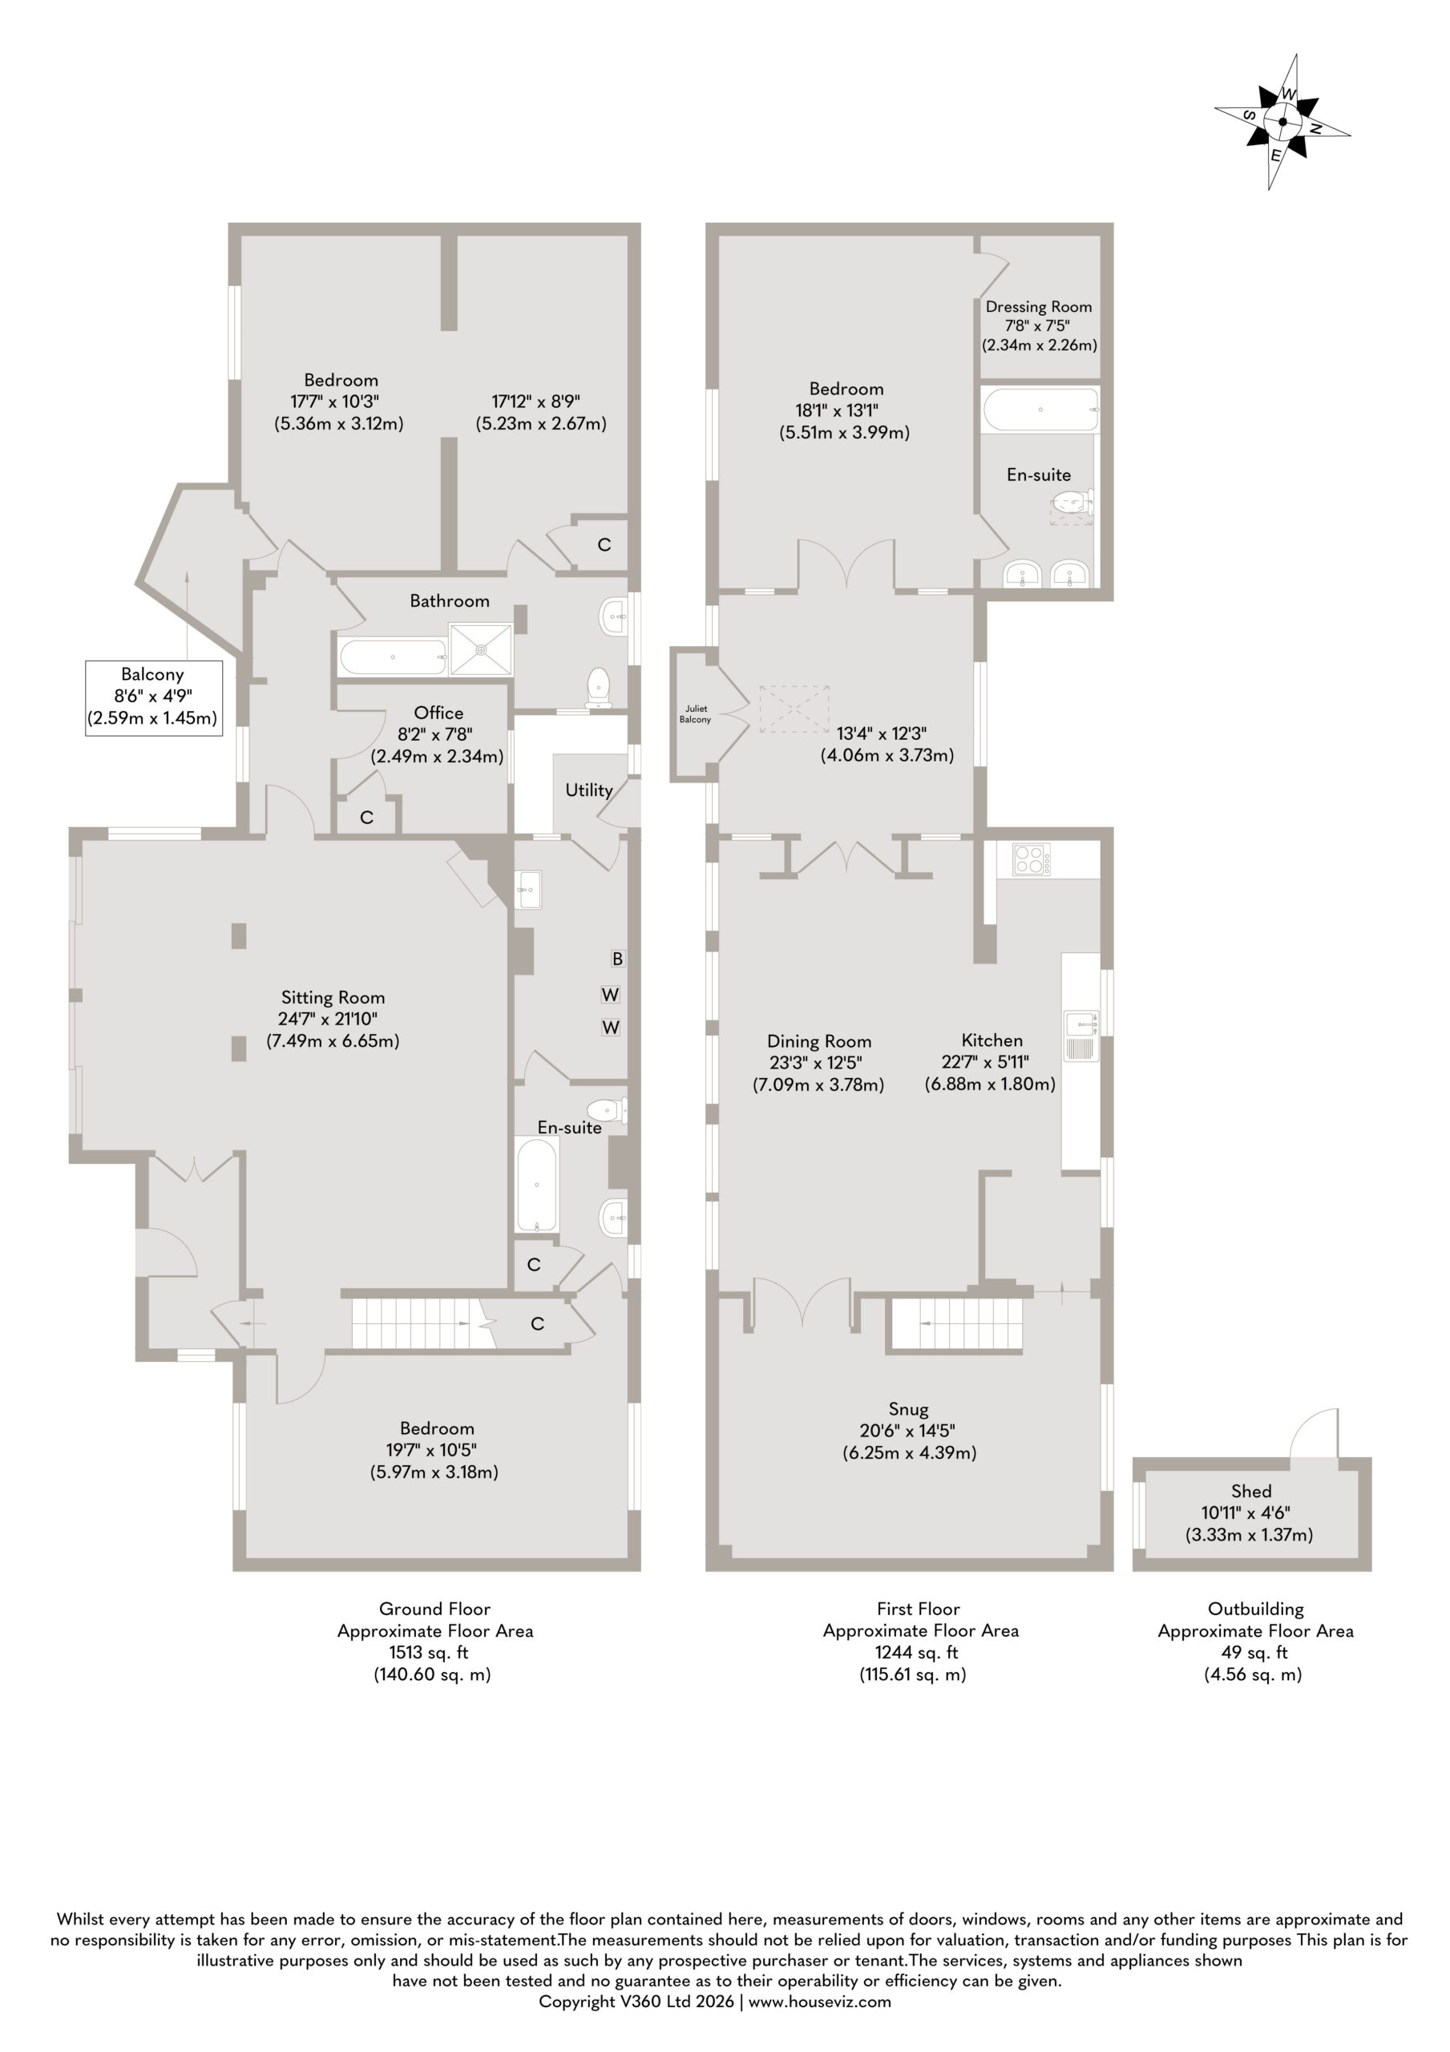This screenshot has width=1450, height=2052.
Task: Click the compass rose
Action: pyautogui.click(x=1282, y=122)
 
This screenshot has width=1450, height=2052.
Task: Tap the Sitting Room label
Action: pyautogui.click(x=333, y=997)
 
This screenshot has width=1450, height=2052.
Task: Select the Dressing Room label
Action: pyautogui.click(x=1039, y=306)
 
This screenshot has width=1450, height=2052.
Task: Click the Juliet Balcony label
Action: pyautogui.click(x=695, y=713)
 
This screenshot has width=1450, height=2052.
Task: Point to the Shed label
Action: pyautogui.click(x=1250, y=1491)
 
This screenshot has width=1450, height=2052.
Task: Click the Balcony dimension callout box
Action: pyautogui.click(x=153, y=697)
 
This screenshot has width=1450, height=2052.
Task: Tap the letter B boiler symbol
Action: pyautogui.click(x=617, y=959)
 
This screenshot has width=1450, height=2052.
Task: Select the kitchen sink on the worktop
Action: pyautogui.click(x=1080, y=1036)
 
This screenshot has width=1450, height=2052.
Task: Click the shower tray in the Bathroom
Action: pyautogui.click(x=481, y=648)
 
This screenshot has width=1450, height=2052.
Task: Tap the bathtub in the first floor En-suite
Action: pyautogui.click(x=1040, y=410)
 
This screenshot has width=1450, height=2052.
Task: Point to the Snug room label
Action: pyautogui.click(x=908, y=1409)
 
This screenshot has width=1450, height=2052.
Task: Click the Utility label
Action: pyautogui.click(x=588, y=790)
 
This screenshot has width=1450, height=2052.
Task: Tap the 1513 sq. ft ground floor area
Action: pyautogui.click(x=428, y=1653)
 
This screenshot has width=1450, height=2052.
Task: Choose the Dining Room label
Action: pyautogui.click(x=819, y=1041)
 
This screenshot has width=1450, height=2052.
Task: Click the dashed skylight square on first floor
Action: pyautogui.click(x=794, y=709)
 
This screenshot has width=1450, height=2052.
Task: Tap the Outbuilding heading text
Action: pyautogui.click(x=1255, y=1609)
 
